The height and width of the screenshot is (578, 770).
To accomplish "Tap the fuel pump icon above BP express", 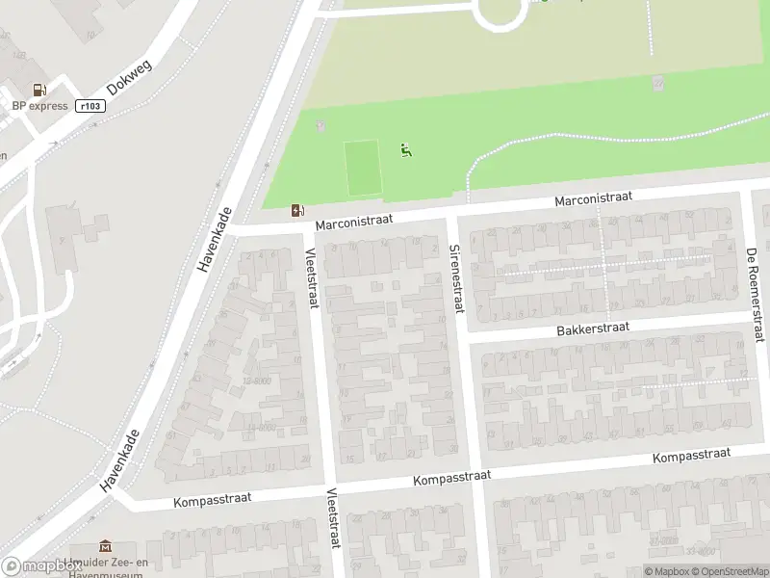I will (x=39, y=90).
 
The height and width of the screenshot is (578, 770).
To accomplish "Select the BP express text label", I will (x=39, y=106).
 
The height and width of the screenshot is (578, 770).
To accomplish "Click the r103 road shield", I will (x=89, y=106).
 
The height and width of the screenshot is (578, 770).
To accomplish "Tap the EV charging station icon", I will (x=298, y=210).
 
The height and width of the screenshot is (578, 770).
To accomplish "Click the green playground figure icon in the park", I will (x=405, y=149).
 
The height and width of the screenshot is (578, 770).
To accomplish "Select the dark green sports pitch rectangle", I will (x=363, y=168).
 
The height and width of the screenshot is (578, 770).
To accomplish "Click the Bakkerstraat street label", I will (x=592, y=328).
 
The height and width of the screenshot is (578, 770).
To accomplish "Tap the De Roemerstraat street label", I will (x=754, y=294).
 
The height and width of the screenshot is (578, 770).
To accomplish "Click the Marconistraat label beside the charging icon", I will (x=353, y=222).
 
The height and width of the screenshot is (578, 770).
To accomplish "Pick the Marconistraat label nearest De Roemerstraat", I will (x=593, y=197).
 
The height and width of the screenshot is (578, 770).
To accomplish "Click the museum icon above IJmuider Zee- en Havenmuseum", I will (x=105, y=547).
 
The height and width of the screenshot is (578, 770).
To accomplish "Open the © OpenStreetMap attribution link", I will (x=728, y=572).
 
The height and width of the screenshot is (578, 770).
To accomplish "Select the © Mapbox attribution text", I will (x=666, y=572).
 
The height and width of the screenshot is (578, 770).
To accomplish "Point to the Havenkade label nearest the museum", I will (x=120, y=460).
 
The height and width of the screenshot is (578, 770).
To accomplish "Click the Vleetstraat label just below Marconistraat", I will (x=310, y=278).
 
